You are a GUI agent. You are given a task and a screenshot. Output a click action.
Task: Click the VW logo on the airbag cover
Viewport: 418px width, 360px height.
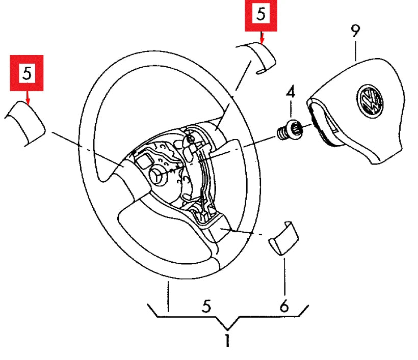coord(370,100)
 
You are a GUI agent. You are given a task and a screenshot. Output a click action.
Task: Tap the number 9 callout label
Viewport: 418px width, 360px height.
coord(355,31)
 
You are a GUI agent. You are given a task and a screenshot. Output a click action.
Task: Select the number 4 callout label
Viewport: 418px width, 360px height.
coord(290,93)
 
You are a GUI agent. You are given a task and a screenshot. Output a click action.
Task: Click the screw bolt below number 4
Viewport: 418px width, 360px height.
coord(289,129)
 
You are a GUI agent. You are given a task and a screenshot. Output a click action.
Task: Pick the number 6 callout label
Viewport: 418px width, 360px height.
coord(284,306)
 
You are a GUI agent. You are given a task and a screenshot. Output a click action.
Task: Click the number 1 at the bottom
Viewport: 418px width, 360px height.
coord(227,341)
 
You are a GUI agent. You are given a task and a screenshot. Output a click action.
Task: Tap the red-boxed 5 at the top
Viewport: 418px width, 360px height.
coord(261,15)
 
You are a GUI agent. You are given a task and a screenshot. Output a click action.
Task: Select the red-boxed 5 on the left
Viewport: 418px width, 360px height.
coord(27,73)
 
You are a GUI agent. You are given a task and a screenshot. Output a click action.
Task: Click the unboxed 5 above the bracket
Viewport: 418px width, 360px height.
coord(206,306)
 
